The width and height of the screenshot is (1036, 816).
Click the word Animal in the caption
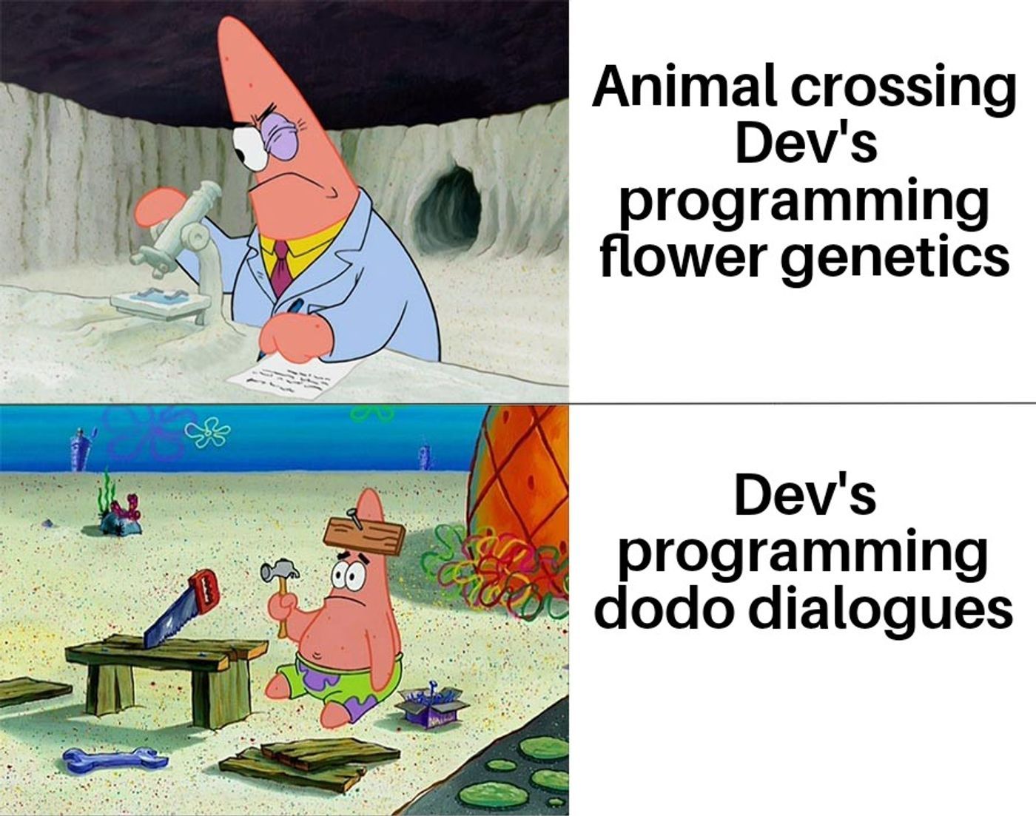(x=684, y=90)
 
